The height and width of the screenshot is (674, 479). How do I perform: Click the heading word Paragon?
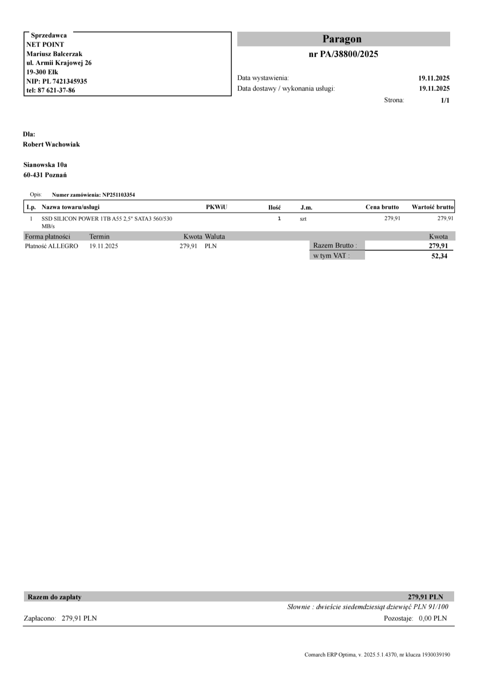tap(342, 39)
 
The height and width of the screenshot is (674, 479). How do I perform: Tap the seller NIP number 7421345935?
tap(70, 81)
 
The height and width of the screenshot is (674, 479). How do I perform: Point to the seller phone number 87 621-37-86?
tap(56, 90)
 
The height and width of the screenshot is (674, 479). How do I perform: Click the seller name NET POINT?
tap(45, 44)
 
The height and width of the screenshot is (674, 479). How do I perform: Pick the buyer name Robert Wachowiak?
tap(51, 145)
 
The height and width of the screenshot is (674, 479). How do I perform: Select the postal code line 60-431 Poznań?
tap(45, 175)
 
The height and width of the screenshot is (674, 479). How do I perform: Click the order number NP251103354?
tap(119, 195)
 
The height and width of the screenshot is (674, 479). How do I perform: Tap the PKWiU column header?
tap(216, 207)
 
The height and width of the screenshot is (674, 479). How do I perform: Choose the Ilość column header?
tap(275, 208)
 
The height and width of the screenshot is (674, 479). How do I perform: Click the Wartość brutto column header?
tap(432, 207)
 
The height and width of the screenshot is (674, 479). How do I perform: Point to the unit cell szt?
tap(303, 219)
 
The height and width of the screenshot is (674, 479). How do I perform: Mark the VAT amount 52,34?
tap(439, 256)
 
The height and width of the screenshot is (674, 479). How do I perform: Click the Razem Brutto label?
tap(335, 246)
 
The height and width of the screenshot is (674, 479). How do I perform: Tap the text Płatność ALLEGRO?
tap(51, 246)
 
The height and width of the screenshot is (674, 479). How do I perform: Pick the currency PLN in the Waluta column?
tap(211, 246)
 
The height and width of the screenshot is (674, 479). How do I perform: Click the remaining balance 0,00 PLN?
tap(432, 618)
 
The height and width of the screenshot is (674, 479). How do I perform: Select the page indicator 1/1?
tap(445, 100)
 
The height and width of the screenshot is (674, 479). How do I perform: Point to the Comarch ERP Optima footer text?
tap(377, 654)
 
